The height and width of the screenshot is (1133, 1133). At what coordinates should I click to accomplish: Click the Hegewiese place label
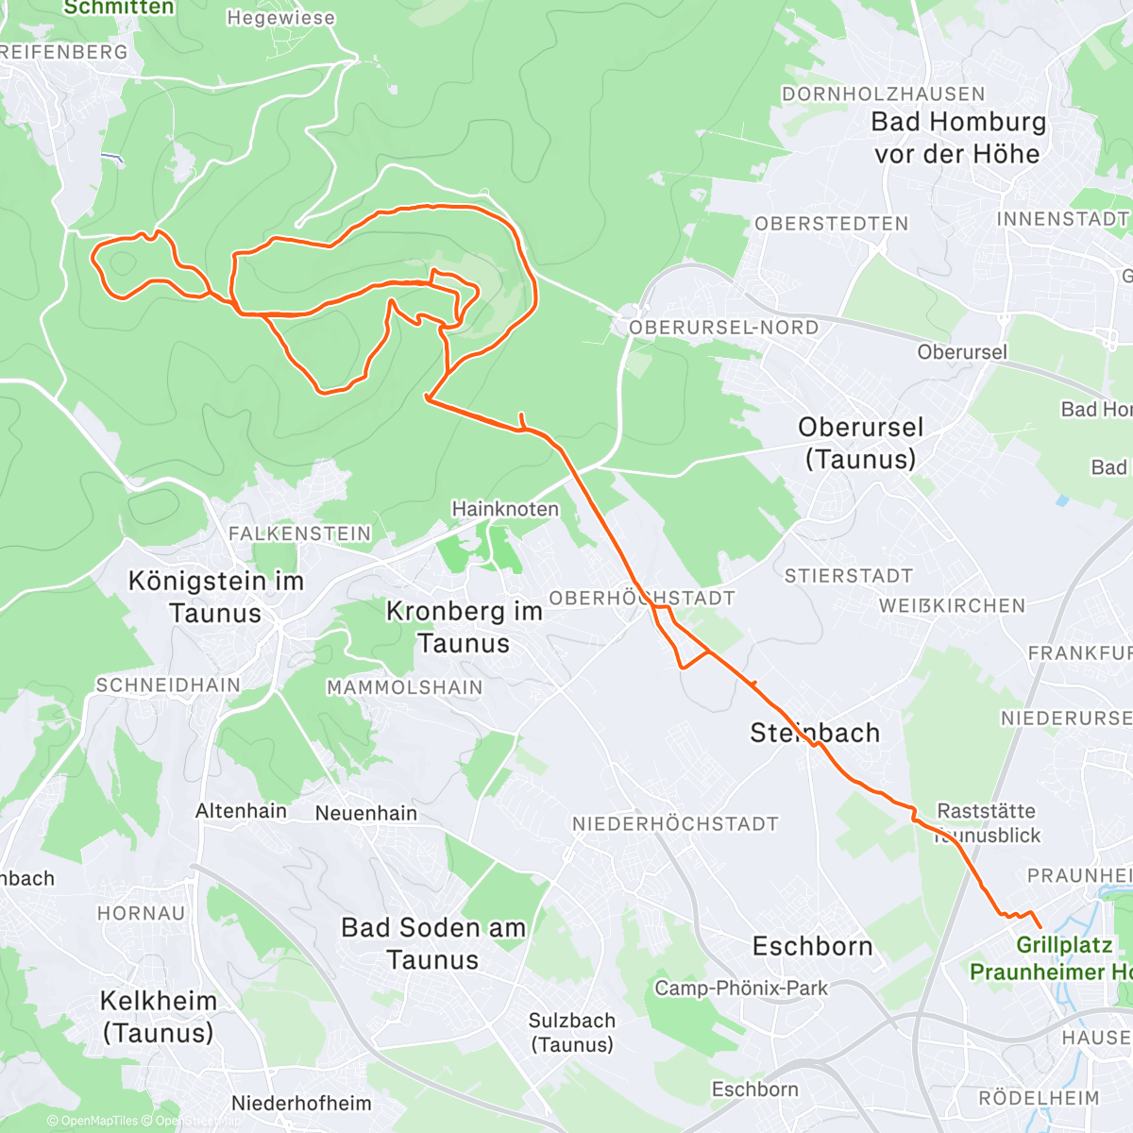point(280,18)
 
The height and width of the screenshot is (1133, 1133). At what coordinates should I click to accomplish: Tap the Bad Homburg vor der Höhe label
point(957,138)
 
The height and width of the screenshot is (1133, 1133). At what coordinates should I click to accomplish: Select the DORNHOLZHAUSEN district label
point(883,94)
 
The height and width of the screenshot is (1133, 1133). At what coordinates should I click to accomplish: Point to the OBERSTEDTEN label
point(831,224)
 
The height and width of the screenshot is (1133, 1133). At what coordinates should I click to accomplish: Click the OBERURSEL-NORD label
point(724,328)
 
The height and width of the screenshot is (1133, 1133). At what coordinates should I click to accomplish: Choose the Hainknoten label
point(505,509)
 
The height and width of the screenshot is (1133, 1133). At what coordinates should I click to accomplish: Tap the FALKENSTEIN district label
point(300,533)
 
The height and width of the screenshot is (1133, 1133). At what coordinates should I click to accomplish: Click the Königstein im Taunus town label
point(216,597)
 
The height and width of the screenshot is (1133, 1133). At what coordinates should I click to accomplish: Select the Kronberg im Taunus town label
point(464,627)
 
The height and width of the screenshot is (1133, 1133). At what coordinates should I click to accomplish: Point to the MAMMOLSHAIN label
point(404,687)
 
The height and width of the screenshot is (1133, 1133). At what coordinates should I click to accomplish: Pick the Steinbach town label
point(814,733)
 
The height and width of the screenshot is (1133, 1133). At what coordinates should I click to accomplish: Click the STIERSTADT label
point(849,576)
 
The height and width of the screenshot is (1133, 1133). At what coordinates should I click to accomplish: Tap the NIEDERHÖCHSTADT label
point(675,824)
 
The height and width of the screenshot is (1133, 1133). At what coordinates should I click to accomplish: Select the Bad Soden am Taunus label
point(433,943)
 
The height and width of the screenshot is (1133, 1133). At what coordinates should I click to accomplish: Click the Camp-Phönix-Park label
point(741,989)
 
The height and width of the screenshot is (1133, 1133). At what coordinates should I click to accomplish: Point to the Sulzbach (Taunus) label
point(572,1032)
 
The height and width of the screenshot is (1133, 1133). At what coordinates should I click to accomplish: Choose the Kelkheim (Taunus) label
point(158,1016)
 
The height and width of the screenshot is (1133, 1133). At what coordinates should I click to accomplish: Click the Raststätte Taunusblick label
point(987,822)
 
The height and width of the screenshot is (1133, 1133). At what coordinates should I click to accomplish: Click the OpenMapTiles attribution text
point(92,1122)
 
